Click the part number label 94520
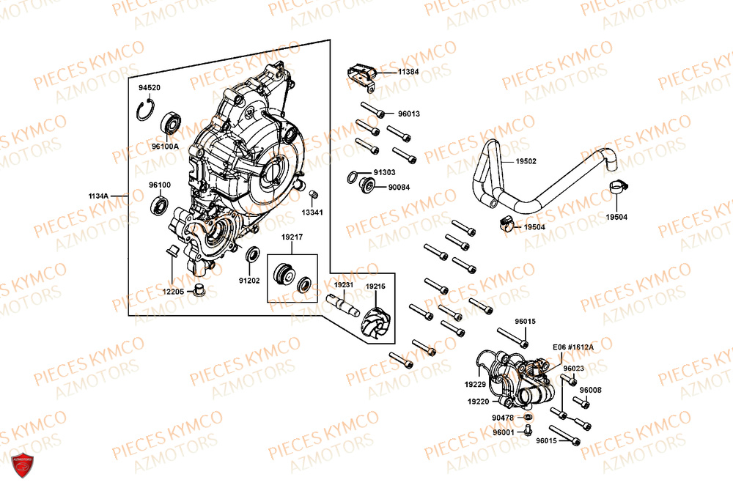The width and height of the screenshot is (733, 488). (150, 88)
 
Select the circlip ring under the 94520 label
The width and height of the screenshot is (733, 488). (147, 112)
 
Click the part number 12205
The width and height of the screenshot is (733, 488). (173, 291)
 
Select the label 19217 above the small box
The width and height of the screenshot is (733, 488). (292, 238)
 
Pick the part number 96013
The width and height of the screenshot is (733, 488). (409, 114)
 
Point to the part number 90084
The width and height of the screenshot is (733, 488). (399, 187)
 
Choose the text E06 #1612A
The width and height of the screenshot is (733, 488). (573, 347)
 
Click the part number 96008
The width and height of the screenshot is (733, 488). (590, 390)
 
